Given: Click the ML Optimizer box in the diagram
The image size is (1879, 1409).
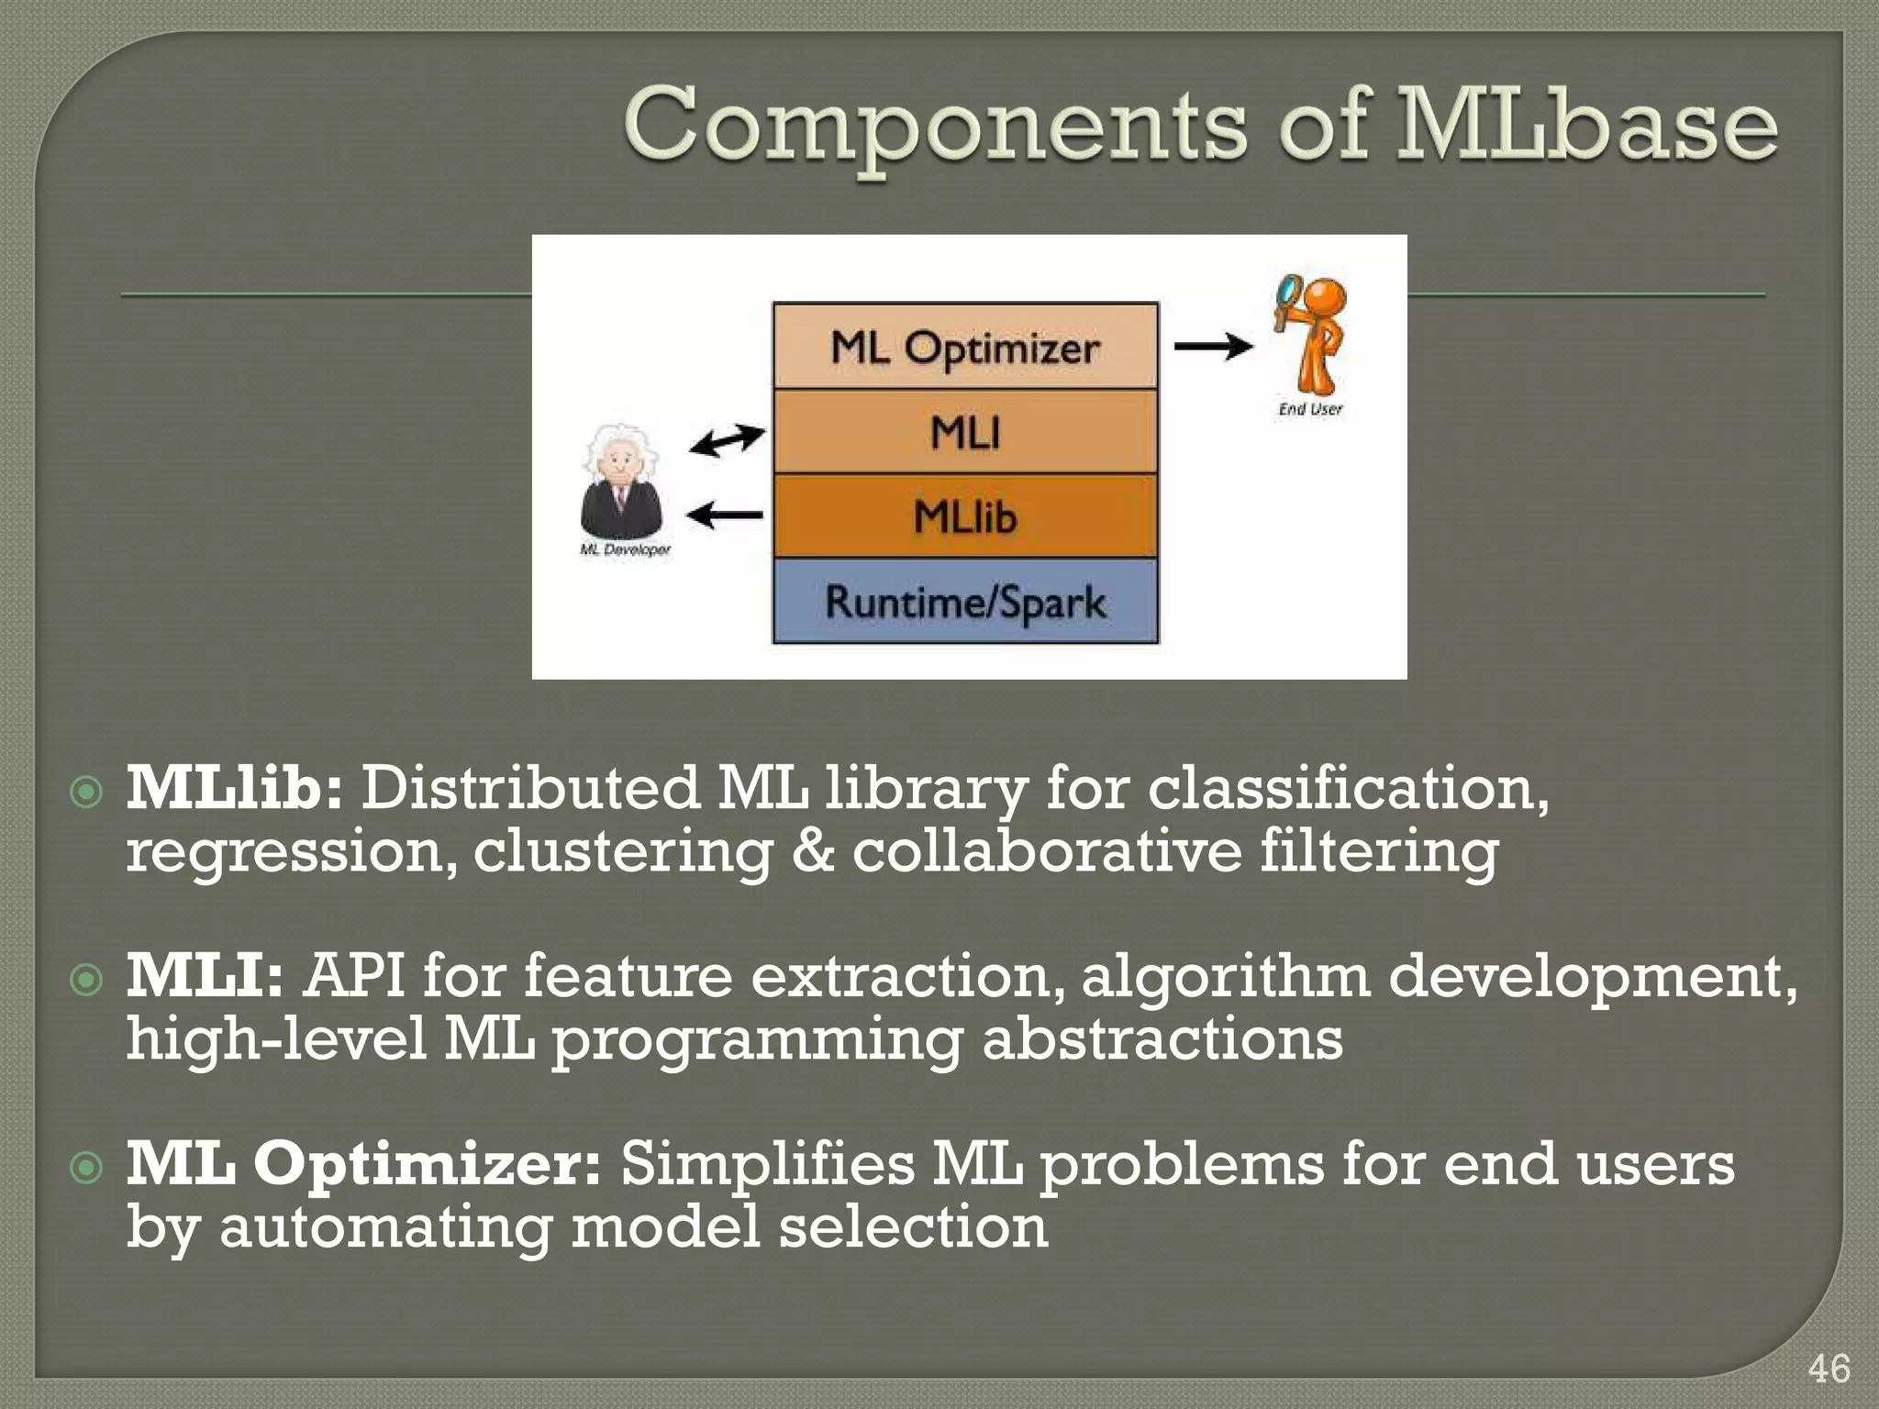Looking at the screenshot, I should [x=965, y=347].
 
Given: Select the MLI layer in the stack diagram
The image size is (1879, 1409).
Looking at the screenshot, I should [x=965, y=432].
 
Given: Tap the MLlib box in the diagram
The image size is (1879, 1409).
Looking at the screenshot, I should [x=965, y=516].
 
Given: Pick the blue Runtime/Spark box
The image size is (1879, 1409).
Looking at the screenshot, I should [x=965, y=602].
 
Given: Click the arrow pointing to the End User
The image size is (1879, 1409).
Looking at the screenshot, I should [x=1213, y=347].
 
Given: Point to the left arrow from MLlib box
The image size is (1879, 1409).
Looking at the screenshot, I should [x=725, y=516].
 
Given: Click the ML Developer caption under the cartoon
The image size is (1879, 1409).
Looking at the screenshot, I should [x=625, y=549].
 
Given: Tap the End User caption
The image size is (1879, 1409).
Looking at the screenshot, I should [x=1310, y=409].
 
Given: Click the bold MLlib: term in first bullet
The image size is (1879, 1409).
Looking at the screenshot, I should [x=235, y=788].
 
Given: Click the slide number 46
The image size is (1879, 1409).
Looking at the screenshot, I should [x=1829, y=1369].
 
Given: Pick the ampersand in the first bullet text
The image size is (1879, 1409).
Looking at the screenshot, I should [x=813, y=850].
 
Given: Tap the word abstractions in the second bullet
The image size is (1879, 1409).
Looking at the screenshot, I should [x=1162, y=1039].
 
